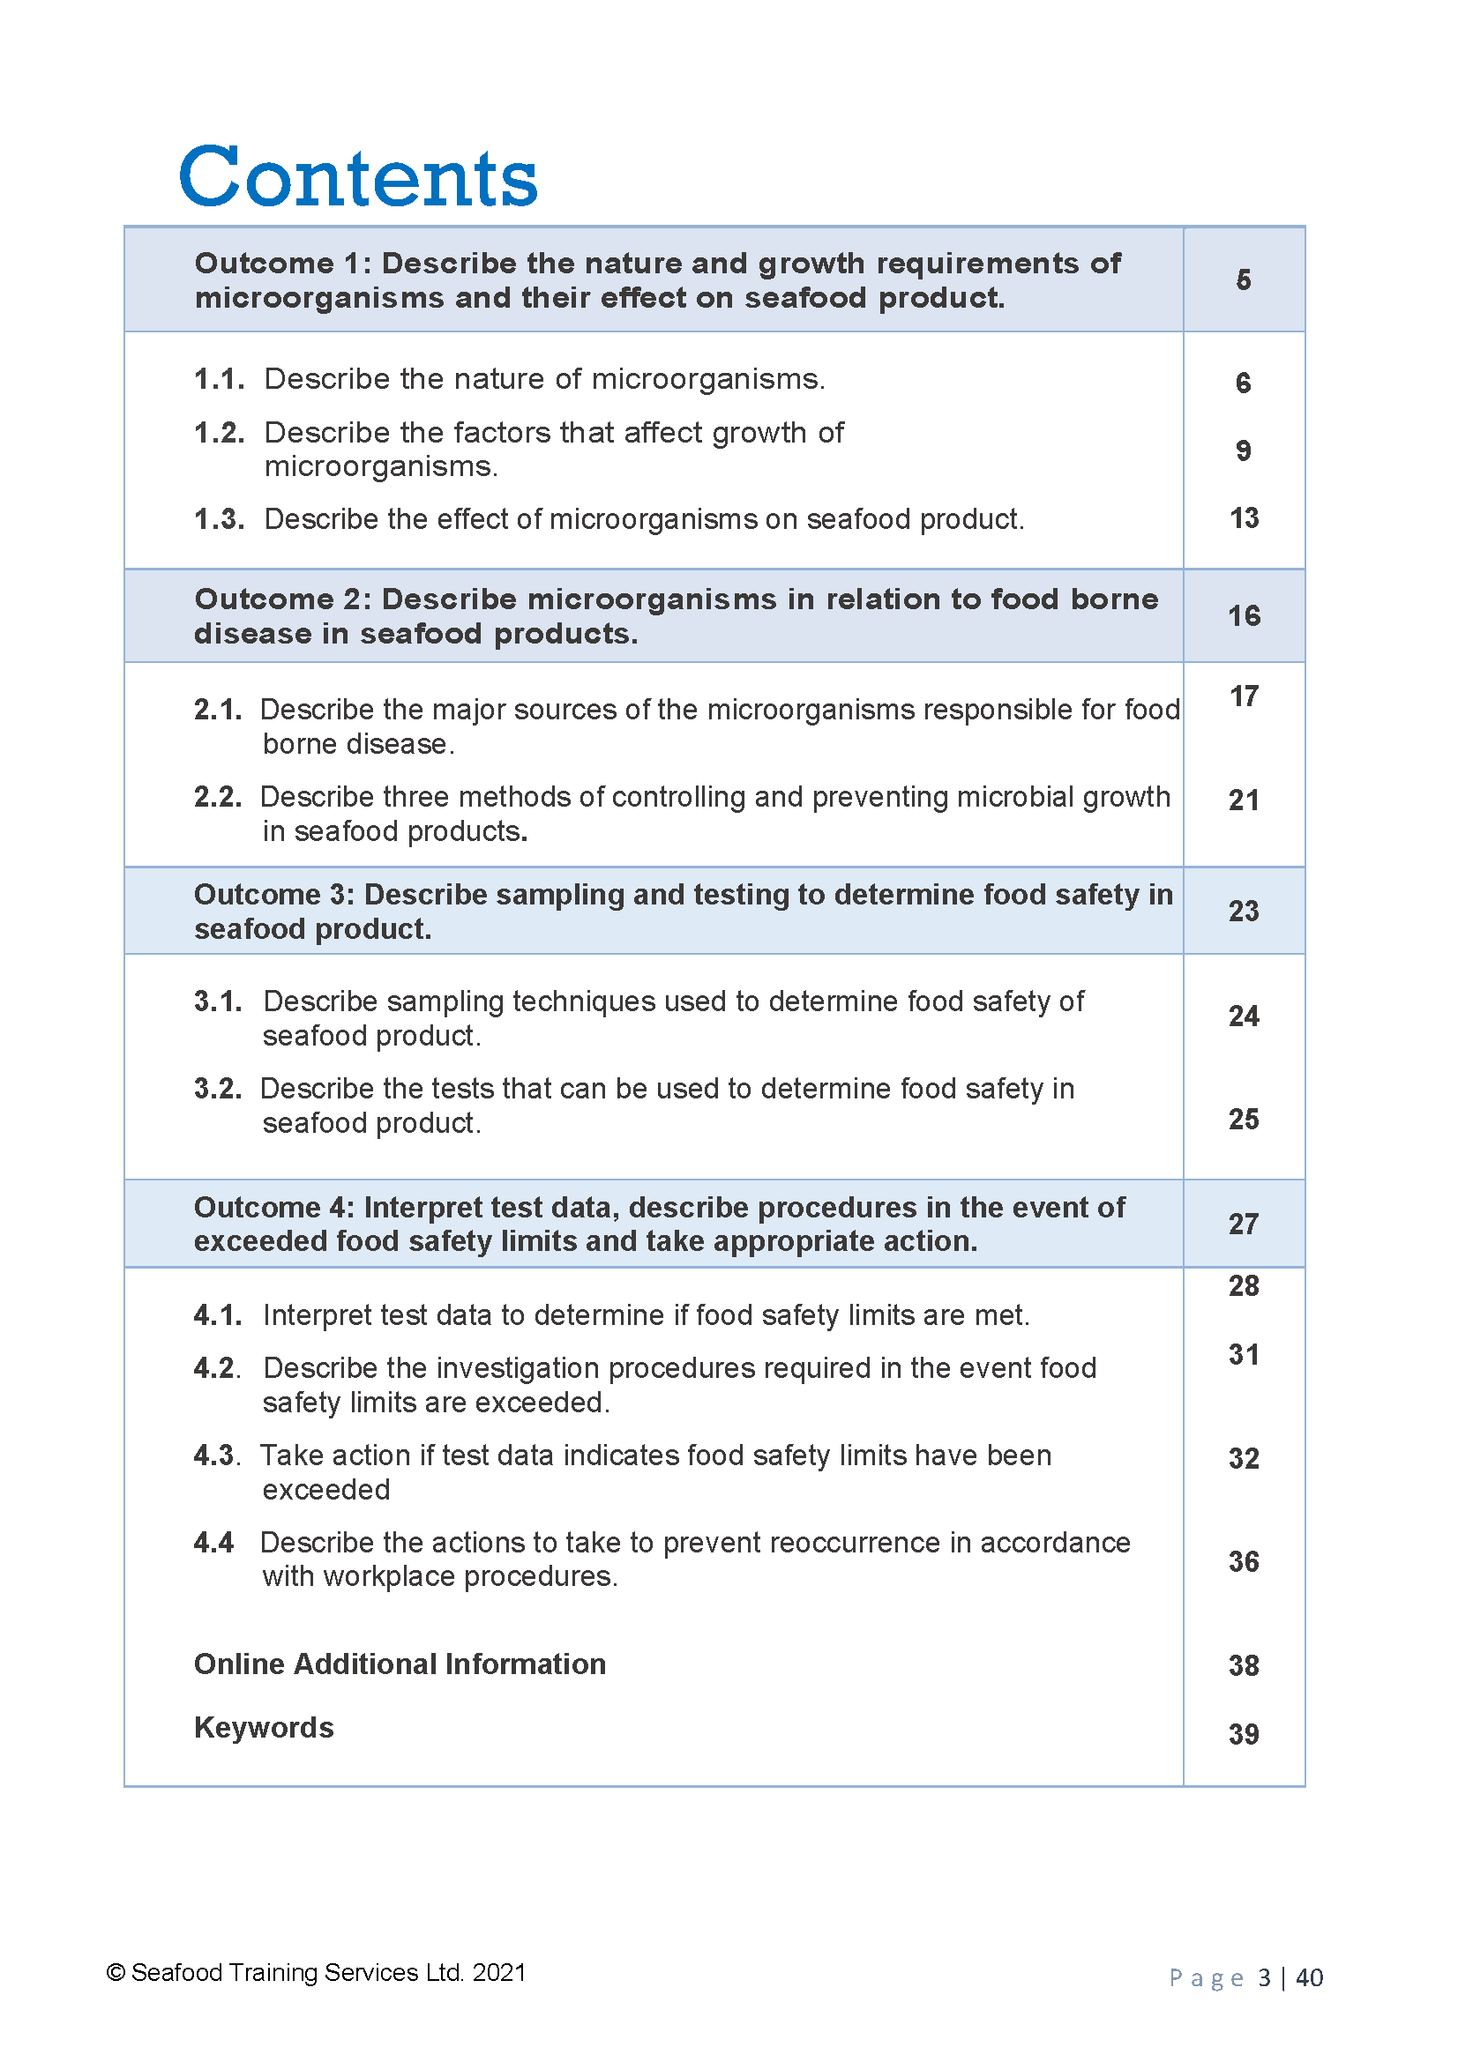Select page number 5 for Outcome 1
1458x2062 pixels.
1243,280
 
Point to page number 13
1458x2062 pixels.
1244,518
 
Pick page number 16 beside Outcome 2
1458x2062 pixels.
1244,616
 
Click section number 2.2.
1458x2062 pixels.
217,797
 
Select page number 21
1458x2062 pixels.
1244,800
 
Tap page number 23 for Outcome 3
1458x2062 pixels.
1244,912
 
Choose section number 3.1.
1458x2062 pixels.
217,1001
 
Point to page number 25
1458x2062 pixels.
1244,1120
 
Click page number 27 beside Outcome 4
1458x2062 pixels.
1244,1225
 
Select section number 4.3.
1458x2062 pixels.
216,1455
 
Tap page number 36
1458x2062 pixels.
1244,1562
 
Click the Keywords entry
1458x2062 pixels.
263,1727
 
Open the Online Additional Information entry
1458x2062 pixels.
400,1664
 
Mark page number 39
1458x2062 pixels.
1244,1734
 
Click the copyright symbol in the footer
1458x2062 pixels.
115,1972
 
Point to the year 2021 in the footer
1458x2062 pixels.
498,1972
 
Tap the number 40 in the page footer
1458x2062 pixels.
1309,1977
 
